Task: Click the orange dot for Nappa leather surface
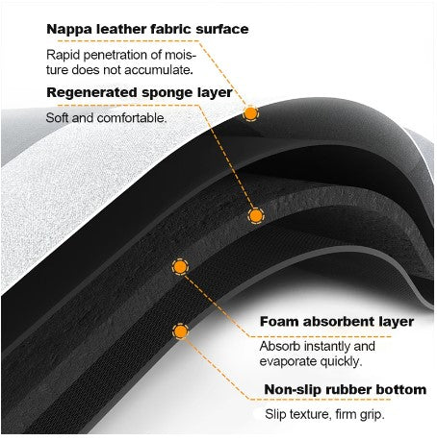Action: [250, 113]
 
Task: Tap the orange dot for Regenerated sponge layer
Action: [256, 215]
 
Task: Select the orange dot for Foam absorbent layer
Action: [180, 266]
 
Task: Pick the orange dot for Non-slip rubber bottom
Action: [180, 331]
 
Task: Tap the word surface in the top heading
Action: [222, 30]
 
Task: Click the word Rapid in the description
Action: [63, 56]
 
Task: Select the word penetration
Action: [116, 56]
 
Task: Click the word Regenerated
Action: [91, 93]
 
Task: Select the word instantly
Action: [326, 346]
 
